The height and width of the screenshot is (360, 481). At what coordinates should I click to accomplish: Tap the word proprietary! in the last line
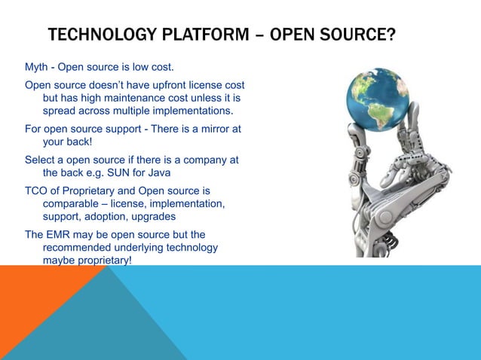click(x=101, y=261)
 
